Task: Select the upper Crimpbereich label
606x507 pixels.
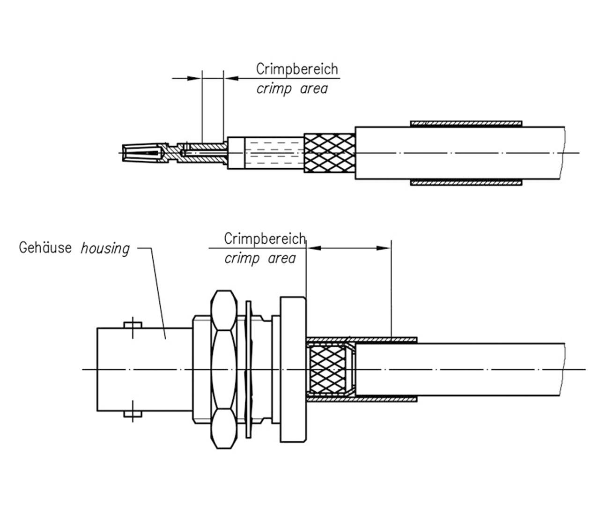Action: (x=297, y=69)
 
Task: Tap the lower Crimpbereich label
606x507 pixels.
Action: (x=265, y=239)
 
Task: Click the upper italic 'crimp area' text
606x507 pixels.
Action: (x=292, y=89)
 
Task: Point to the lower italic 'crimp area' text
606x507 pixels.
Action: (x=260, y=258)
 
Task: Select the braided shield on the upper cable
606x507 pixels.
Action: (x=329, y=153)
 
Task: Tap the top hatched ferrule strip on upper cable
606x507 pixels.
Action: (x=466, y=124)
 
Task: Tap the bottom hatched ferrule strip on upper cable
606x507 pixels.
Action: (x=466, y=182)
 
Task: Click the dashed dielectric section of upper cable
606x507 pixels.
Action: (x=274, y=153)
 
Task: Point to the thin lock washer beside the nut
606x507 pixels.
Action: (x=248, y=369)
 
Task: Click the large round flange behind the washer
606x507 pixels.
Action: (x=293, y=369)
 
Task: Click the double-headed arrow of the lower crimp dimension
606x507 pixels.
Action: (x=349, y=248)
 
